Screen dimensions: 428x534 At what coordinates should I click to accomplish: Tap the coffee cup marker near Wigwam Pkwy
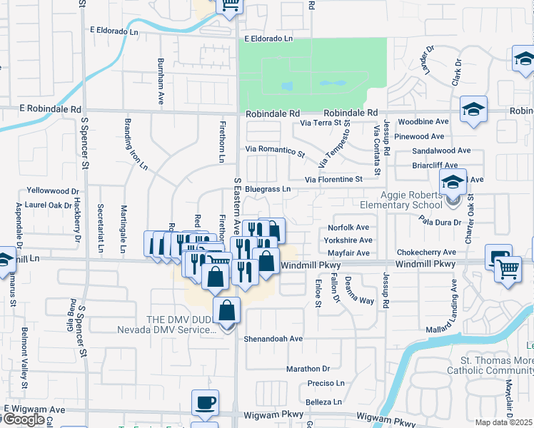tap(205, 402)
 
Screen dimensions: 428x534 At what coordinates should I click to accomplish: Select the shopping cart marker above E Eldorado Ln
tap(230, 6)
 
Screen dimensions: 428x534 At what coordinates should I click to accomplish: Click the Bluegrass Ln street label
tap(268, 189)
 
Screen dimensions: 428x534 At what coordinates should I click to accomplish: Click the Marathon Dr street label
tap(308, 369)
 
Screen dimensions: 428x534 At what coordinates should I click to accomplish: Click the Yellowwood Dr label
tap(52, 191)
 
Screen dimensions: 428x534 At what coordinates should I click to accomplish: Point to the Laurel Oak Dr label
tap(49, 205)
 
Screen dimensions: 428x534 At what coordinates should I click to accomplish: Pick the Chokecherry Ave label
tap(426, 253)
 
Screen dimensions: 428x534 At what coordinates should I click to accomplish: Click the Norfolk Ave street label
tap(348, 228)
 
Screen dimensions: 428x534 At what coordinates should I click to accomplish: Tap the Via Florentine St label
tap(333, 180)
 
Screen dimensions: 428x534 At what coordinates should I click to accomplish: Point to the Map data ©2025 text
tap(504, 422)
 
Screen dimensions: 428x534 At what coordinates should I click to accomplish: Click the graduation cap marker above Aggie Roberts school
tap(453, 182)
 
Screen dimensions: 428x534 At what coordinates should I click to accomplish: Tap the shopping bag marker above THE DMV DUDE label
tap(226, 310)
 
